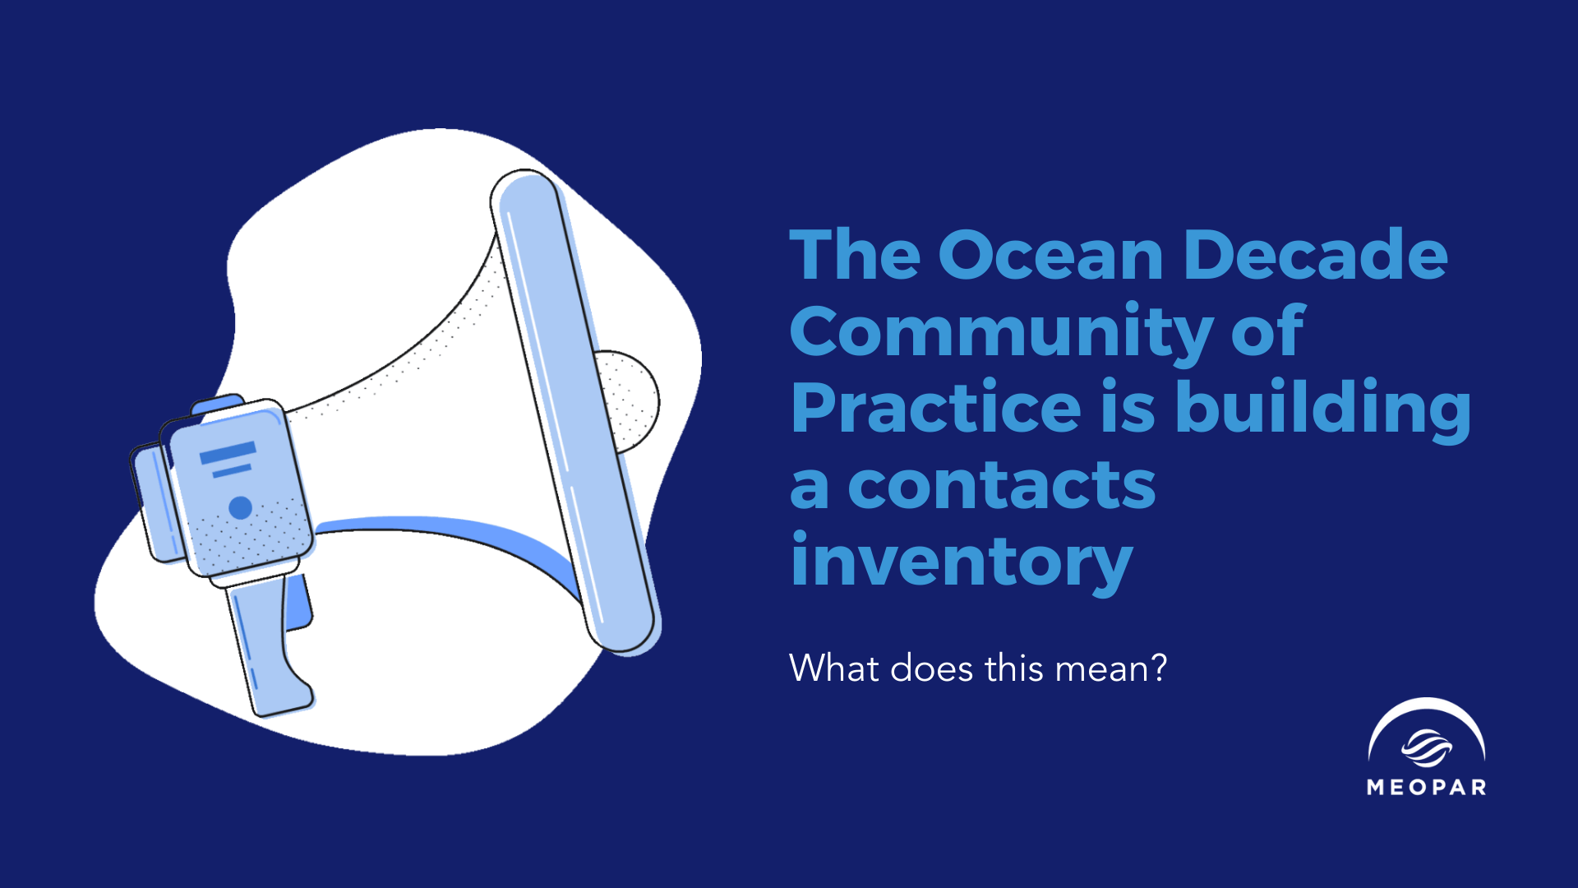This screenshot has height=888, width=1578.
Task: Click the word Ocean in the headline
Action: click(x=1050, y=255)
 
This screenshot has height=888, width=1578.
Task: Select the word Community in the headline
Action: click(x=1000, y=333)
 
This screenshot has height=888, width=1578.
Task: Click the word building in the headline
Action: click(x=1323, y=409)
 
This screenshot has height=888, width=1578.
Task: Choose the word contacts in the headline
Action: click(x=1002, y=485)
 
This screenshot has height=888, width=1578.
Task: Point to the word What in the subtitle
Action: click(x=833, y=668)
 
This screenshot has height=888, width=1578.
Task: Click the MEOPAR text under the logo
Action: click(x=1427, y=787)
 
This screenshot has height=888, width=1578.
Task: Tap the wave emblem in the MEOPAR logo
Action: click(x=1426, y=747)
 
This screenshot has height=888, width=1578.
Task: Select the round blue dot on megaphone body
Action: click(x=240, y=507)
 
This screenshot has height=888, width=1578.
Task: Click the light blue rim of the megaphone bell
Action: click(x=576, y=411)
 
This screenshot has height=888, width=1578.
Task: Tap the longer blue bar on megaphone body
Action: click(x=228, y=452)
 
